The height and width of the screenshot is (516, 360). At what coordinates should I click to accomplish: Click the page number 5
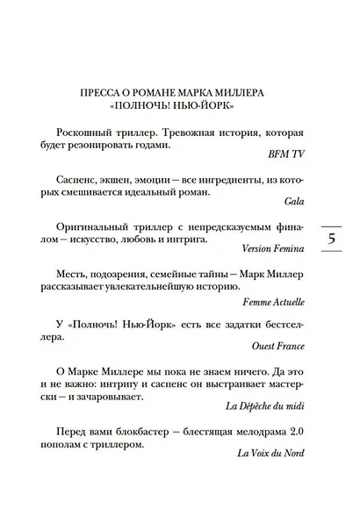332,239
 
